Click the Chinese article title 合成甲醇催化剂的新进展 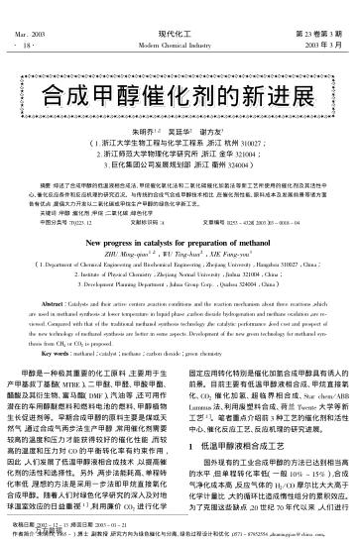point(180,96)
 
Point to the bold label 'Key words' point(63,345)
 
